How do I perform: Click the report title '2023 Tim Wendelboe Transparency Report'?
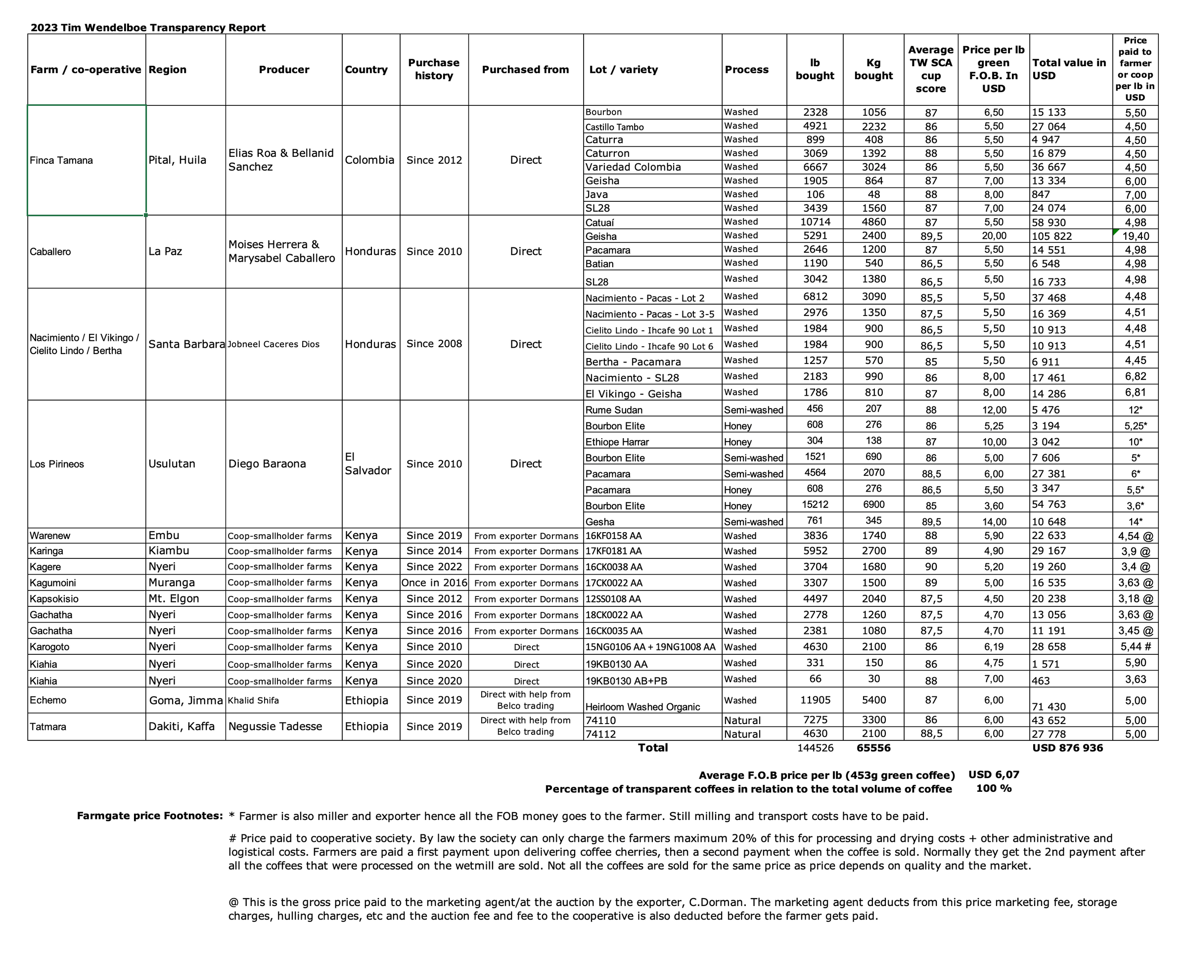148,28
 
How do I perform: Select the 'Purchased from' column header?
525,69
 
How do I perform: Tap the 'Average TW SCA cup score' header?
931,69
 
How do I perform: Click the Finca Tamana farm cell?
61,160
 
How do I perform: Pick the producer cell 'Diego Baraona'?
267,463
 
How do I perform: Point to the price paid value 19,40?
1135,236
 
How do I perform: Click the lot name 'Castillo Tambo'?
614,127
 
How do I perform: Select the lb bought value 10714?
815,222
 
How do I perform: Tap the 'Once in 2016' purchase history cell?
434,583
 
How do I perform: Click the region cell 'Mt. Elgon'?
174,598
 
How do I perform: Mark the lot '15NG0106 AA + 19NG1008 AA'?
650,646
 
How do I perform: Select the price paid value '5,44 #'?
1135,646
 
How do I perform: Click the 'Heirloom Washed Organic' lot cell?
642,707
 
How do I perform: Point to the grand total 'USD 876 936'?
1067,748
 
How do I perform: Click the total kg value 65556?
873,748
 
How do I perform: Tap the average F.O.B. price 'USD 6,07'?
994,775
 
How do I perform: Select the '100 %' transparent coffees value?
994,788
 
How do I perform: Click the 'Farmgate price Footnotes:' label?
149,816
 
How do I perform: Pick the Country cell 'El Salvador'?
368,463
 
